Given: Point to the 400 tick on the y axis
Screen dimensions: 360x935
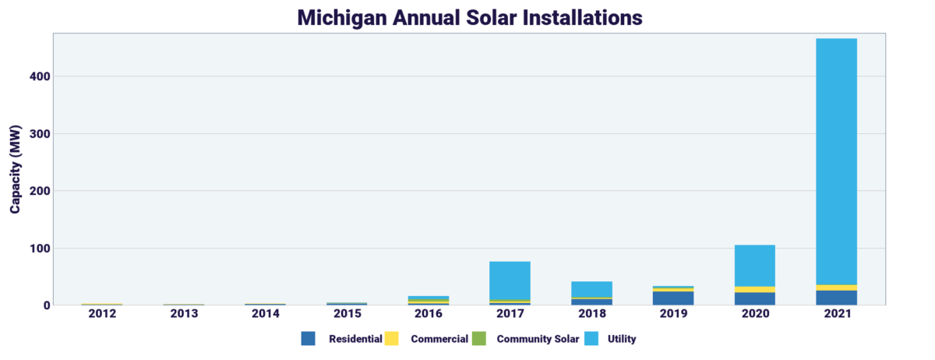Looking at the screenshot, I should (x=41, y=76).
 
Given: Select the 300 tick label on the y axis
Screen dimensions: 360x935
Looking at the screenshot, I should (x=41, y=134).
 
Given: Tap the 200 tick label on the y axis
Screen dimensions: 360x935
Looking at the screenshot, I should (x=41, y=191).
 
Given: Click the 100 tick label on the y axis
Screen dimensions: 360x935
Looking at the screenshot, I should (x=41, y=249).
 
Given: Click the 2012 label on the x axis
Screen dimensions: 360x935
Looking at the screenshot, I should (x=102, y=313).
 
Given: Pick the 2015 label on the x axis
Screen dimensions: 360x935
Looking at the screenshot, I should (x=347, y=313).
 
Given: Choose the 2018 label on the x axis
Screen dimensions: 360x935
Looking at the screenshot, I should (x=591, y=313).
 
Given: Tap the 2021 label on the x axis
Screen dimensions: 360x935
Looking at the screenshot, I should (x=836, y=313).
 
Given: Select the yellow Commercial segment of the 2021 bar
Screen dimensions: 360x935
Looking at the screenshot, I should (x=836, y=288).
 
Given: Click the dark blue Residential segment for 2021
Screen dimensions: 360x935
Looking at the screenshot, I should (x=836, y=298).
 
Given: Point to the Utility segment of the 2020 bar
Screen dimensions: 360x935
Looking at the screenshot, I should (x=754, y=266).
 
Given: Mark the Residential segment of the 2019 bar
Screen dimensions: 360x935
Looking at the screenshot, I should (x=673, y=298).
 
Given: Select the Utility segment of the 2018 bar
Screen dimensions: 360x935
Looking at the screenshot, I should (x=591, y=289).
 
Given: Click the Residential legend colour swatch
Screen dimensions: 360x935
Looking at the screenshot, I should (x=308, y=339).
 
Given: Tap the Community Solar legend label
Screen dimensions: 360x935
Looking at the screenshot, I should (x=538, y=339).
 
